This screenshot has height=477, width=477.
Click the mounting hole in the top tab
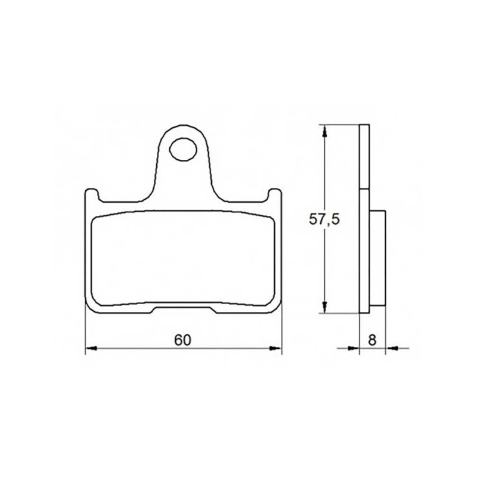pos(183,150)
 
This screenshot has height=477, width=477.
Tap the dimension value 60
pos(182,340)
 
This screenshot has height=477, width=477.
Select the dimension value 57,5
pos(324,219)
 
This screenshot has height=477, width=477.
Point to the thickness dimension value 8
pos(372,340)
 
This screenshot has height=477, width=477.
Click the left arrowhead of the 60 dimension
pos(91,348)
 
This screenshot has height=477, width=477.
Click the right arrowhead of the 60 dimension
pos(275,348)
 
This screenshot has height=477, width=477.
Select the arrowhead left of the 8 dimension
pos(354,348)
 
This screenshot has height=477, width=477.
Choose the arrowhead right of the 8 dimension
pos(391,348)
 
